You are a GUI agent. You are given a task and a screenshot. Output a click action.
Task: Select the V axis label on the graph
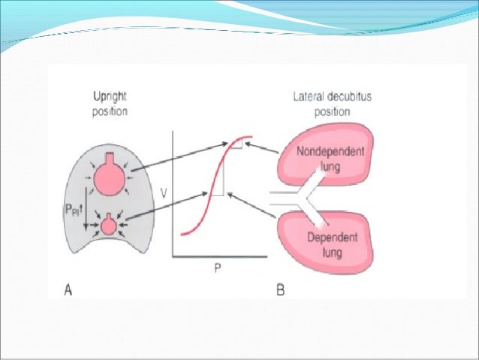pos(164,193)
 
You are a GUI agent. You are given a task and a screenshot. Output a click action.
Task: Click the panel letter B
pos(280,287)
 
